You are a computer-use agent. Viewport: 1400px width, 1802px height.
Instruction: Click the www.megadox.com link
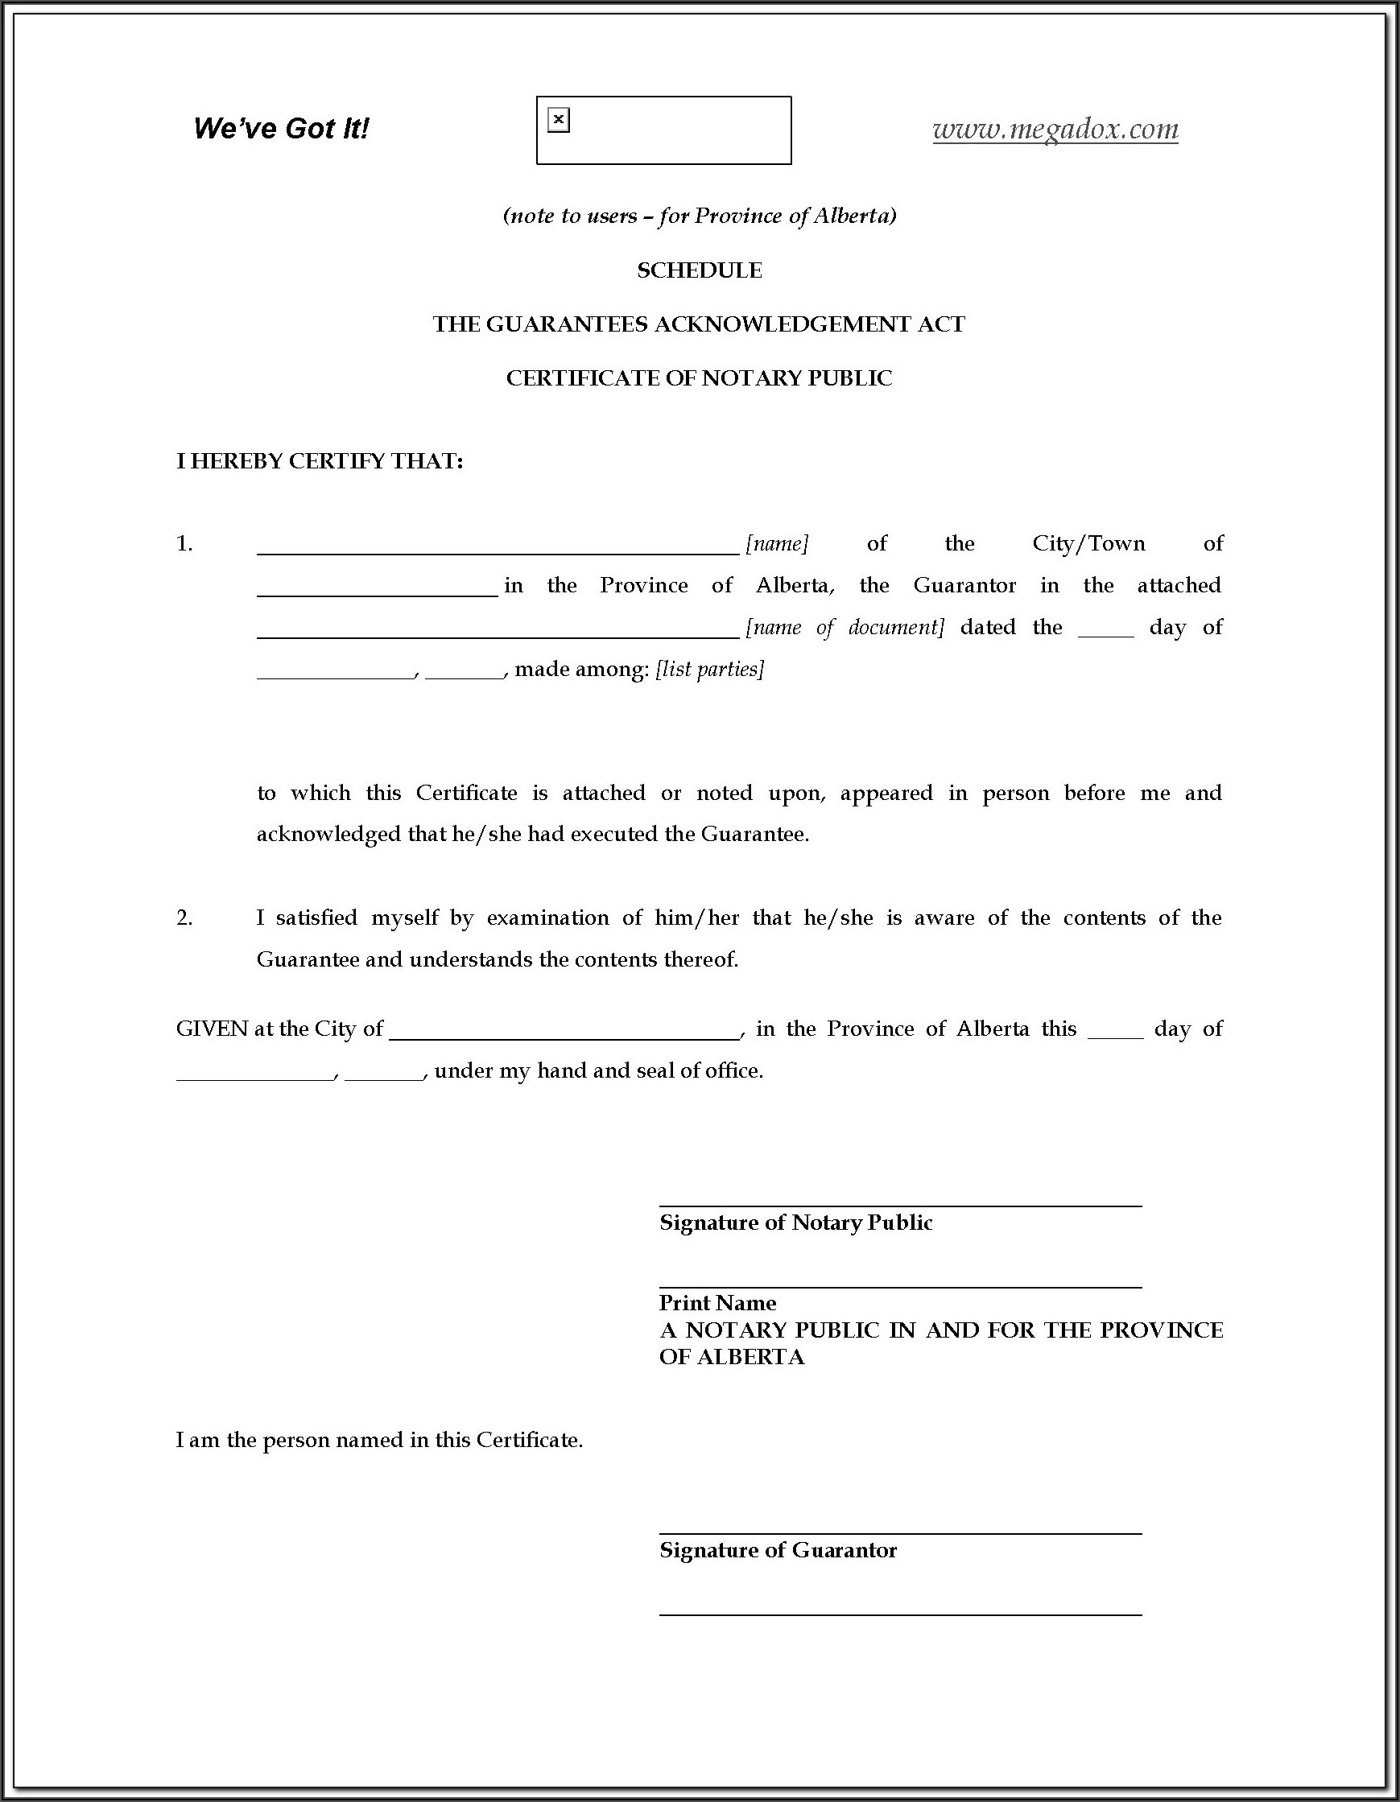point(1055,130)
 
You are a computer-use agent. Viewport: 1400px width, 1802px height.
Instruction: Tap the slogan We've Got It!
point(281,129)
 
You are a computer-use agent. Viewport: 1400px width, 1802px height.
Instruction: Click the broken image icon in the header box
point(559,121)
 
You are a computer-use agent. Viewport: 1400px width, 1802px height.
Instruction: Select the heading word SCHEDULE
point(699,270)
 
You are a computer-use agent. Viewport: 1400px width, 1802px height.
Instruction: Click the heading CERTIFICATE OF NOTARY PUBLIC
point(699,378)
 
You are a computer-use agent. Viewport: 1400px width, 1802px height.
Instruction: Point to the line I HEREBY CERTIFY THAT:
point(320,461)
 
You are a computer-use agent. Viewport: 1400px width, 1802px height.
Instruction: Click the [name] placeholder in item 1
point(777,544)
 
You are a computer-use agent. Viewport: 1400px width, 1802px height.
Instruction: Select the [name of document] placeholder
point(845,628)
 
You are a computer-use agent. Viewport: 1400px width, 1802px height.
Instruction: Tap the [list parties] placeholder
point(710,669)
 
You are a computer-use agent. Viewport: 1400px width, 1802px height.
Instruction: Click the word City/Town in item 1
point(1088,544)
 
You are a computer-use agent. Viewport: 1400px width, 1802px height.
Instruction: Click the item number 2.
point(184,917)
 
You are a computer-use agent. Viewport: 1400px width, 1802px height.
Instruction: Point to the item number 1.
point(184,544)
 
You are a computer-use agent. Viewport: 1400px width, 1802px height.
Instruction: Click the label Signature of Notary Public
point(795,1223)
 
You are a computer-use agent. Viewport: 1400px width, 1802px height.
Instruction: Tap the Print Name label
point(717,1303)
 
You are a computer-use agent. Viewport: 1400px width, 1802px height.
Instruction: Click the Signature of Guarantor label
point(778,1550)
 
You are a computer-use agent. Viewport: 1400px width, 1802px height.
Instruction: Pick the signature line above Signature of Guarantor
point(900,1533)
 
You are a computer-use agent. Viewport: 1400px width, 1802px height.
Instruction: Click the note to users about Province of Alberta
point(699,216)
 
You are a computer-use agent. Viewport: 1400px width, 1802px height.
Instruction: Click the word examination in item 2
point(547,917)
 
